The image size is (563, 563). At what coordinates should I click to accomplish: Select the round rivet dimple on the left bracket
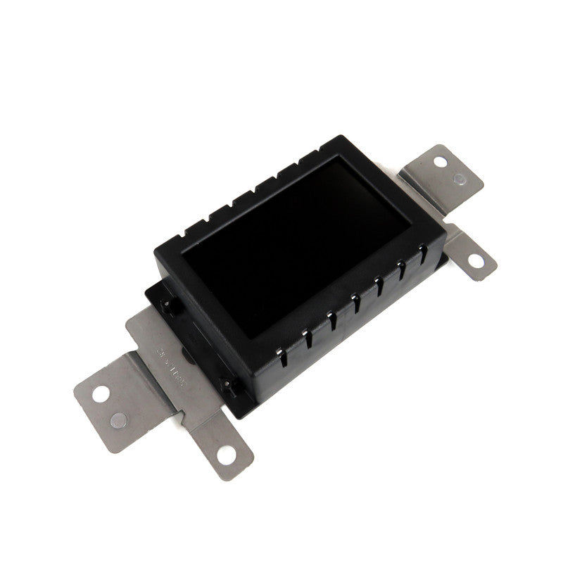pyautogui.click(x=119, y=420)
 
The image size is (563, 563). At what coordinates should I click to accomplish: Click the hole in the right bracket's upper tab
pyautogui.click(x=440, y=161)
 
